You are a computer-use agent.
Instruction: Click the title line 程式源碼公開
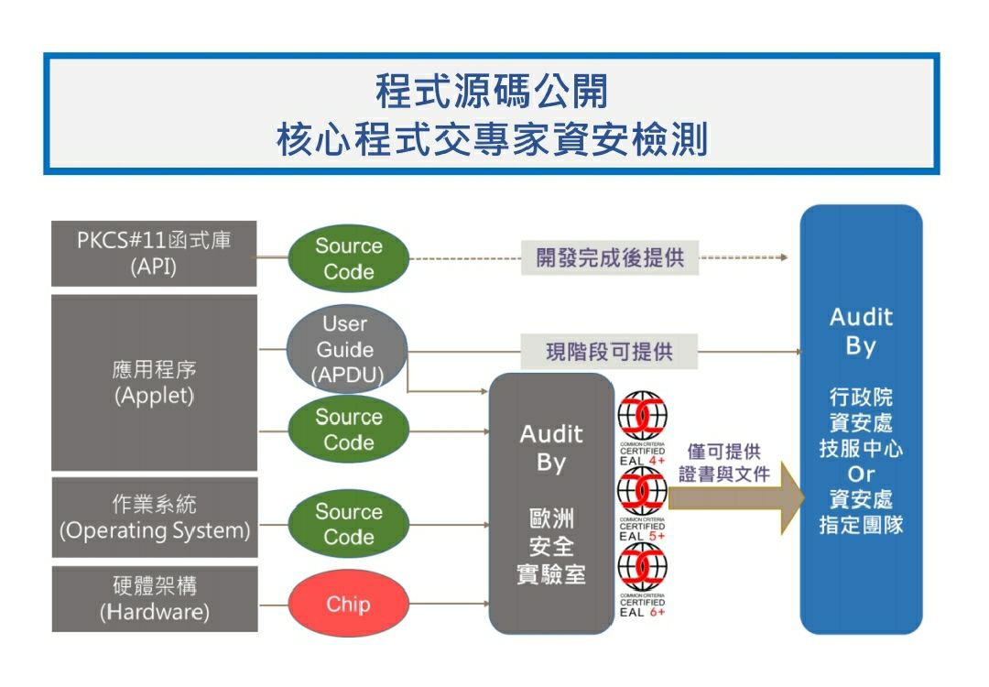tap(492, 93)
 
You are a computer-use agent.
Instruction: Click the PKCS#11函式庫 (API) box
tap(154, 254)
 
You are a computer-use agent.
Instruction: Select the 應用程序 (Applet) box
tap(154, 382)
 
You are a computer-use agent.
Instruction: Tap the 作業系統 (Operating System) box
tap(154, 517)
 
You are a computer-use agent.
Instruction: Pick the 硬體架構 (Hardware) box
tap(154, 598)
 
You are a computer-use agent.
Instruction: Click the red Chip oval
tap(348, 604)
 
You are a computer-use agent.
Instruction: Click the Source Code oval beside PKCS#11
tap(348, 258)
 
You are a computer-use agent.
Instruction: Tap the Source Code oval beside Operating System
tap(348, 524)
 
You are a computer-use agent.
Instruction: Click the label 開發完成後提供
tap(610, 257)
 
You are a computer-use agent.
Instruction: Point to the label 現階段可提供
tap(609, 352)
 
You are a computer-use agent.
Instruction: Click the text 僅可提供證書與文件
tap(724, 463)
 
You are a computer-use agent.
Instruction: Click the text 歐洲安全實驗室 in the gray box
tap(551, 549)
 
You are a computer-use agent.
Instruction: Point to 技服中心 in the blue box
tap(861, 449)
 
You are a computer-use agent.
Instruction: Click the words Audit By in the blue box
tap(861, 332)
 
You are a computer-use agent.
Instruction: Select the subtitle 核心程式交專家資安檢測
tap(492, 140)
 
